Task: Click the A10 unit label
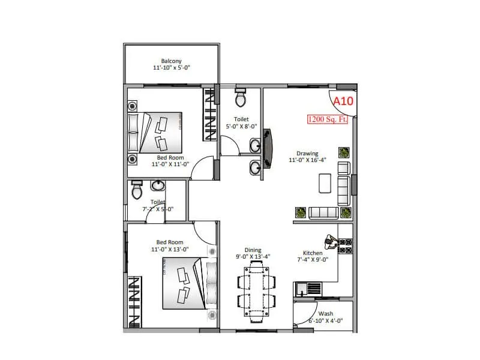pyautogui.click(x=343, y=101)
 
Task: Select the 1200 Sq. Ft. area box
pyautogui.click(x=328, y=119)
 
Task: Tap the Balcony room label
pyautogui.click(x=172, y=61)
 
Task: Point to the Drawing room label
pyautogui.click(x=307, y=154)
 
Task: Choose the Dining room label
pyautogui.click(x=253, y=250)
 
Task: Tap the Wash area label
pyautogui.click(x=326, y=313)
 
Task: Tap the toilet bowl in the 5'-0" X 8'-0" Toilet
pyautogui.click(x=241, y=97)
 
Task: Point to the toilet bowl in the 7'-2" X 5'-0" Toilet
pyautogui.click(x=136, y=191)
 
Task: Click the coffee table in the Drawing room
pyautogui.click(x=325, y=183)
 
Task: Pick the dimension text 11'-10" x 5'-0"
pyautogui.click(x=172, y=68)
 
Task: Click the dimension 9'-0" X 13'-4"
pyautogui.click(x=253, y=257)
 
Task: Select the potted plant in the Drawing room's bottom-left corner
pyautogui.click(x=299, y=212)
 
